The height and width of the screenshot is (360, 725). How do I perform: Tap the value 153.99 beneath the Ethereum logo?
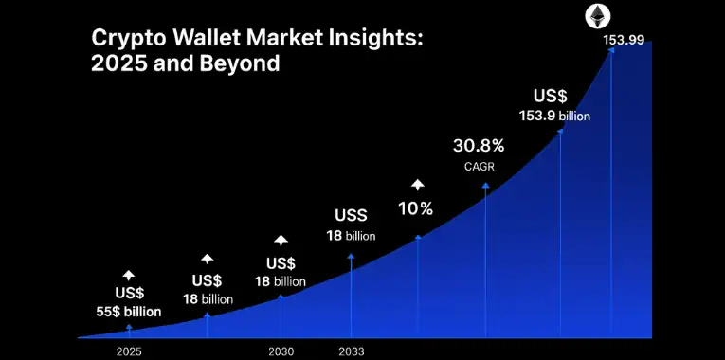pyautogui.click(x=623, y=40)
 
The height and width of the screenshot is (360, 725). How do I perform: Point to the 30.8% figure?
pyautogui.click(x=479, y=146)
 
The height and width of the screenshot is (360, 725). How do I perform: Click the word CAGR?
pyautogui.click(x=479, y=167)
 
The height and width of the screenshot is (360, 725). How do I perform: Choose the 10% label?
pyautogui.click(x=416, y=207)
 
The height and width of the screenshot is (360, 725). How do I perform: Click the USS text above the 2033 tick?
pyautogui.click(x=351, y=215)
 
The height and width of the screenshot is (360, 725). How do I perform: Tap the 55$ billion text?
pyautogui.click(x=130, y=311)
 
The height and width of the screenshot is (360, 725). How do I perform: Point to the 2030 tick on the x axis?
pyautogui.click(x=281, y=351)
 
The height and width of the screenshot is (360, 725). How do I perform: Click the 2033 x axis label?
pyautogui.click(x=352, y=351)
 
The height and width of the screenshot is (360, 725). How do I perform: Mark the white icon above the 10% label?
pyautogui.click(x=417, y=184)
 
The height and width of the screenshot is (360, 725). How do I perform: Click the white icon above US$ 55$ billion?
pyautogui.click(x=129, y=275)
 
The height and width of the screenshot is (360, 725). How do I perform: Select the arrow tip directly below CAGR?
pyautogui.click(x=486, y=186)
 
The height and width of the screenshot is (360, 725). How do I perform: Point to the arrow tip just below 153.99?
pyautogui.click(x=611, y=51)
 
